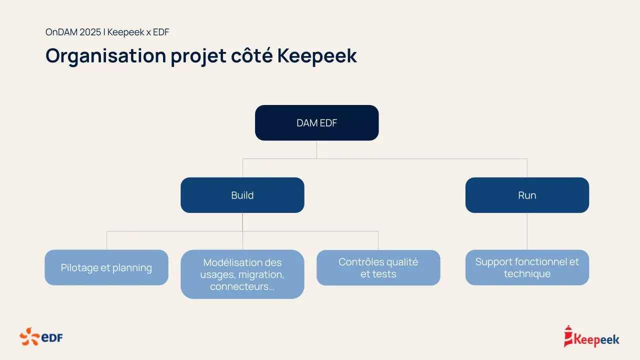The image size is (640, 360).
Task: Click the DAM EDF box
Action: pyautogui.click(x=316, y=122)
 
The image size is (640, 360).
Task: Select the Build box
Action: pyautogui.click(x=242, y=195)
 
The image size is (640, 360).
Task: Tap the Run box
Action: pyautogui.click(x=527, y=195)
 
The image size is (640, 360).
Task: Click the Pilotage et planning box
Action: pyautogui.click(x=106, y=267)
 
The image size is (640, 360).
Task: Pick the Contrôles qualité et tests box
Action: pyautogui.click(x=378, y=267)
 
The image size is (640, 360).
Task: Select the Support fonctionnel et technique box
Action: pyautogui.click(x=527, y=267)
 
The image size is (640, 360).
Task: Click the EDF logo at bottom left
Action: pyautogui.click(x=41, y=337)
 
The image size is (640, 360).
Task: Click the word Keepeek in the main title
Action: pyautogui.click(x=317, y=55)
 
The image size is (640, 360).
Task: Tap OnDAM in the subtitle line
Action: pyautogui.click(x=61, y=32)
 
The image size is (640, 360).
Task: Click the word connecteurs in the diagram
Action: pyautogui.click(x=239, y=286)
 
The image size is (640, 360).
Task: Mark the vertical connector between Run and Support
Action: pyautogui.click(x=527, y=231)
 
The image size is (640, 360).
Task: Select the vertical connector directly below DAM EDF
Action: pyautogui.click(x=316, y=149)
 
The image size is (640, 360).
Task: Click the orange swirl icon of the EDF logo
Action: pyautogui.click(x=29, y=337)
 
